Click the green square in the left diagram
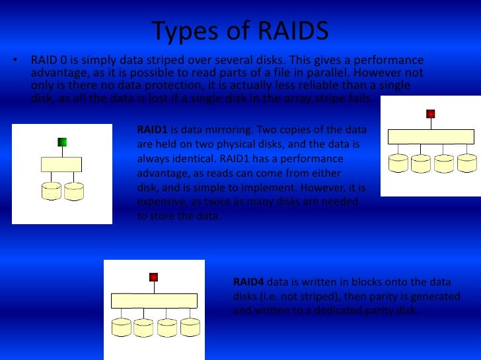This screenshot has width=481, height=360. click(x=62, y=142)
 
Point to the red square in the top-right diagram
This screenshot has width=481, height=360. click(x=431, y=114)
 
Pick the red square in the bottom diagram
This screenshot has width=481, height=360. click(x=153, y=277)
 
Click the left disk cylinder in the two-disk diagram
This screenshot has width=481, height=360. click(x=52, y=191)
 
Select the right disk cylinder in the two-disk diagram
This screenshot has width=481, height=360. click(x=72, y=191)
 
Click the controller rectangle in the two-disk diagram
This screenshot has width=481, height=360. click(x=61, y=164)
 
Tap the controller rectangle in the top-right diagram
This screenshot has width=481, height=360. click(x=431, y=137)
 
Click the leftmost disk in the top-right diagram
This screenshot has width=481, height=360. click(x=399, y=164)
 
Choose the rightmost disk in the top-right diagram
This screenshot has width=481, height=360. click(x=466, y=164)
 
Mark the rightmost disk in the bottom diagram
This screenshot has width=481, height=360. click(x=190, y=327)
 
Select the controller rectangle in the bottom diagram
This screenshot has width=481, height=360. click(x=155, y=301)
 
